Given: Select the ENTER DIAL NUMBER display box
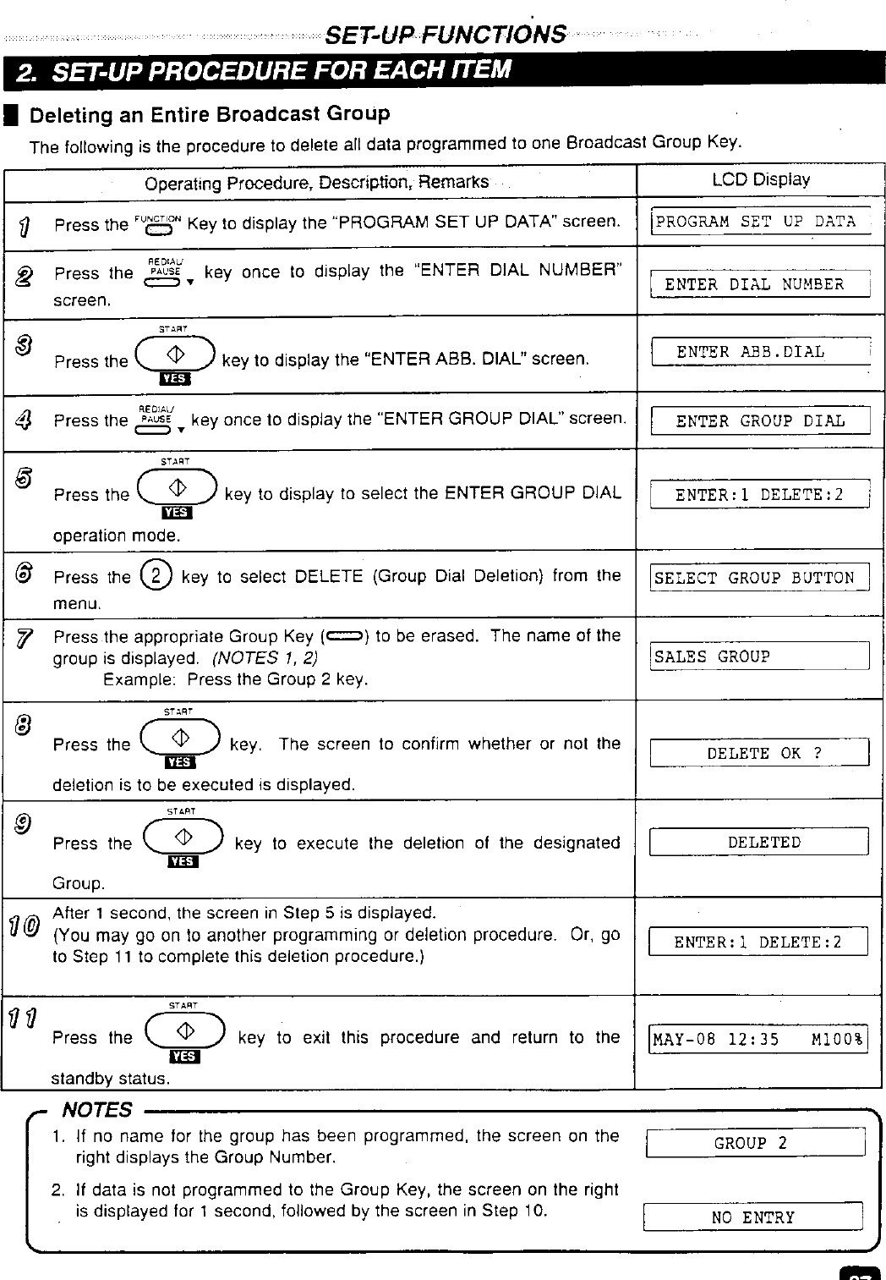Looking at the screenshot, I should click(760, 284).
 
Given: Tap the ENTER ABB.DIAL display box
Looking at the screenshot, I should click(760, 352).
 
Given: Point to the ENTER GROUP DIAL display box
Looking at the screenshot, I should click(760, 421).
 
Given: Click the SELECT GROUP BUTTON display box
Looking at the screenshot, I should click(760, 579).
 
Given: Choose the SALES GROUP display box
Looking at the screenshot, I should click(760, 656).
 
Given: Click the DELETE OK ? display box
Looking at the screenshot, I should click(760, 753).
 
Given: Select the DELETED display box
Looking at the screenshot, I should click(758, 843).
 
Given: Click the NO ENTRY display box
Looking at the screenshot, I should click(752, 1217).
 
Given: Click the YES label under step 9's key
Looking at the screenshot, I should click(183, 861).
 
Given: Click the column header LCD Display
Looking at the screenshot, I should click(760, 179).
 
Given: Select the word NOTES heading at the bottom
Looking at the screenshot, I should click(98, 1109).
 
